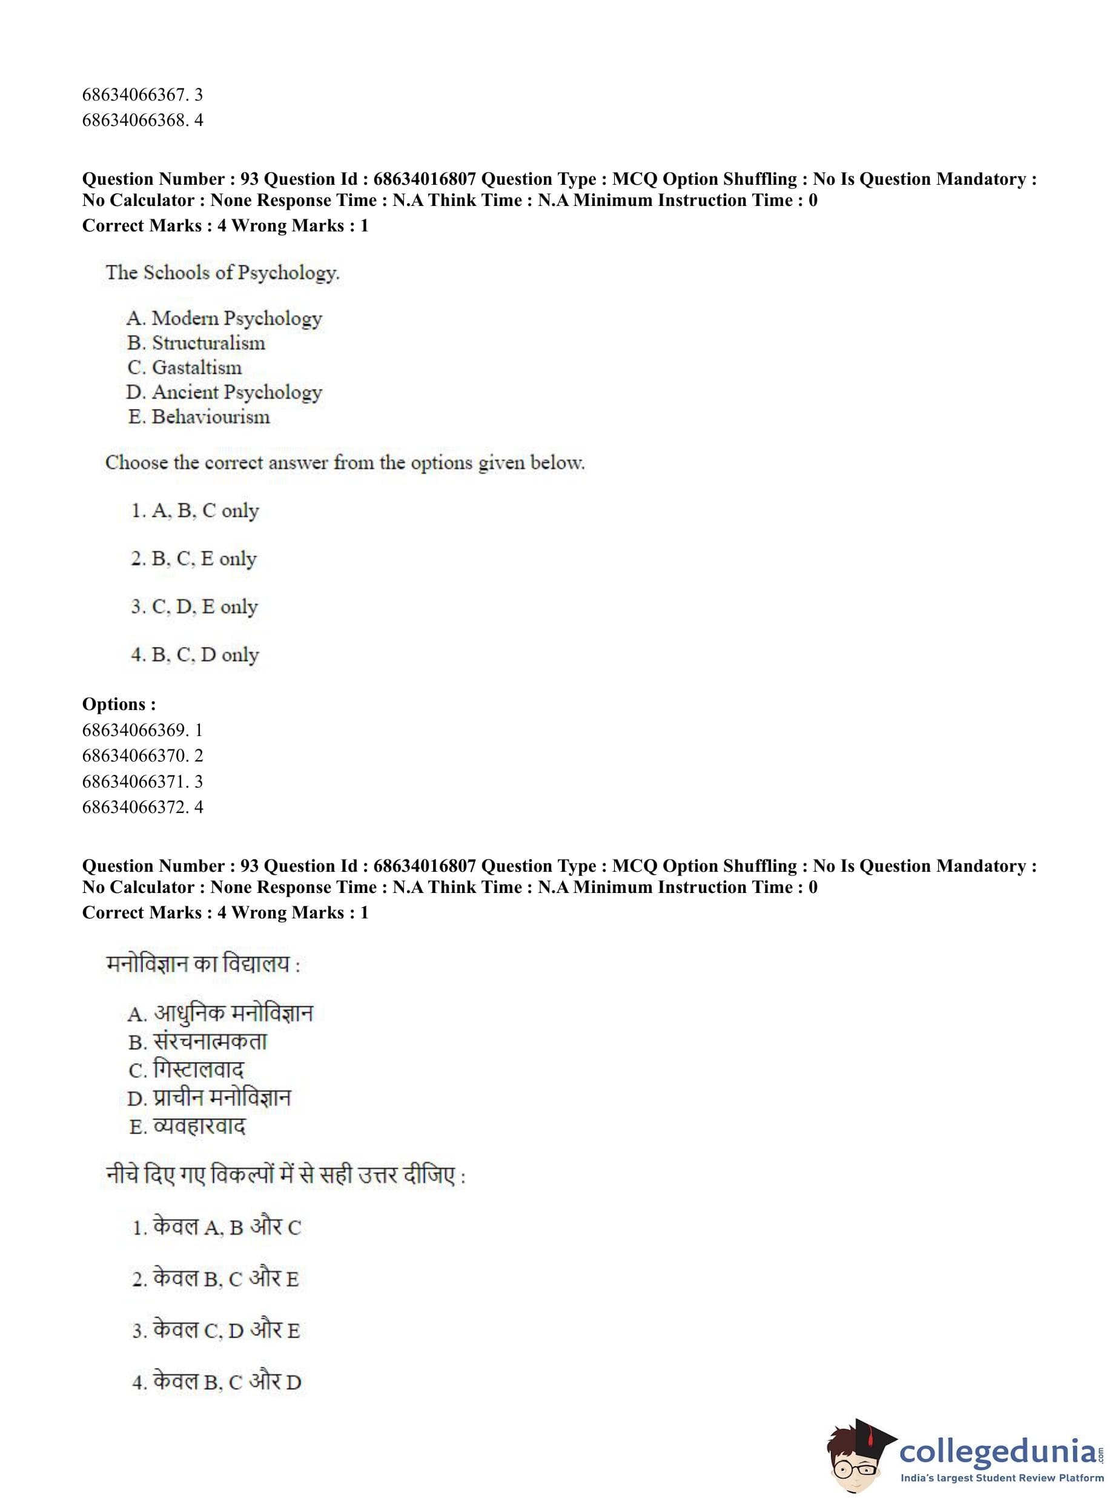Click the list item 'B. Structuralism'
(x=196, y=343)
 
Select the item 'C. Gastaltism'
(x=185, y=368)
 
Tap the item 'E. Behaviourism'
(x=199, y=417)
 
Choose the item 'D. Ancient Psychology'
(x=224, y=392)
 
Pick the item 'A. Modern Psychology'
(x=224, y=318)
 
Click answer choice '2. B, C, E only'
(x=194, y=559)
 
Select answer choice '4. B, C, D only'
(x=195, y=654)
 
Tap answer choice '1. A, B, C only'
(x=195, y=511)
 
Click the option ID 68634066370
(x=142, y=755)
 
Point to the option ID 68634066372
(x=142, y=806)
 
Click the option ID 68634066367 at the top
(x=142, y=95)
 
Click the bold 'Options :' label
(x=119, y=704)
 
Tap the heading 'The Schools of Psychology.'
(x=222, y=273)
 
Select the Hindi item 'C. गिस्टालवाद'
(x=187, y=1070)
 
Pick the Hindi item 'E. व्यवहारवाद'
(x=187, y=1126)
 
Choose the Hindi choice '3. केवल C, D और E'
(x=216, y=1331)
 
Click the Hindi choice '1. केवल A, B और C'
(x=217, y=1227)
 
